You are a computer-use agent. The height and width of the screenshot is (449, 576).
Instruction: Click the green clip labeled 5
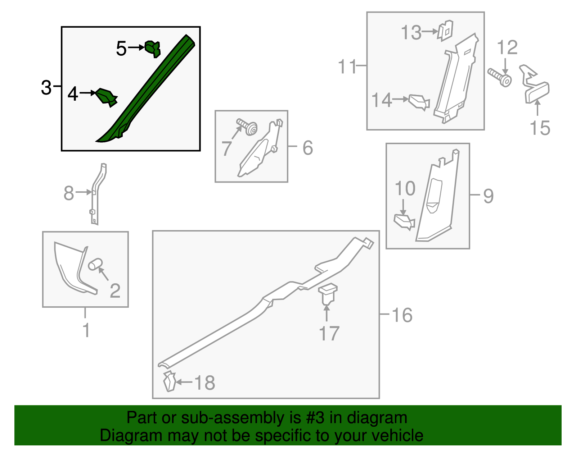pyautogui.click(x=153, y=49)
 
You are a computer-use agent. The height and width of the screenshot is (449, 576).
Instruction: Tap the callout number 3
pyautogui.click(x=46, y=87)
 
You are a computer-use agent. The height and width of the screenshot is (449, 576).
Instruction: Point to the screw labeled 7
pyautogui.click(x=247, y=127)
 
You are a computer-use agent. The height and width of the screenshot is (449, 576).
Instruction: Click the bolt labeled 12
pyautogui.click(x=499, y=77)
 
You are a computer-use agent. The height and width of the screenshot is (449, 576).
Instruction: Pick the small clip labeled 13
pyautogui.click(x=445, y=30)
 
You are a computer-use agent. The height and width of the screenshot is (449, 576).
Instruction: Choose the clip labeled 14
pyautogui.click(x=419, y=102)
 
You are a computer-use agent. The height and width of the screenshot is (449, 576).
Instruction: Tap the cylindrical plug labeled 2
pyautogui.click(x=95, y=264)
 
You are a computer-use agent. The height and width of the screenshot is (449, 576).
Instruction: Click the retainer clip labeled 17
pyautogui.click(x=328, y=294)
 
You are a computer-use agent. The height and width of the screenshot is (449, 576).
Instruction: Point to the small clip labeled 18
pyautogui.click(x=170, y=381)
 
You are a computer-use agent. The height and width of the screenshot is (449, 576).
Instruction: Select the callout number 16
pyautogui.click(x=402, y=315)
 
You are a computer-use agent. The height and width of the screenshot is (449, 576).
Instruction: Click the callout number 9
pyautogui.click(x=489, y=196)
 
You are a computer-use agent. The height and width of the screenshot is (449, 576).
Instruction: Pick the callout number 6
pyautogui.click(x=308, y=148)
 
